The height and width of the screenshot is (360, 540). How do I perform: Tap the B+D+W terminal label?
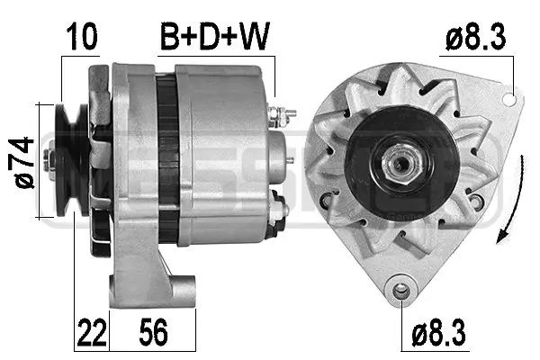(x=216, y=37)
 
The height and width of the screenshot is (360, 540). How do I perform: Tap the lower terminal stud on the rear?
(x=280, y=210)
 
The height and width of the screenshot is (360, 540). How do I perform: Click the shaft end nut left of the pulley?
(x=53, y=163)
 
